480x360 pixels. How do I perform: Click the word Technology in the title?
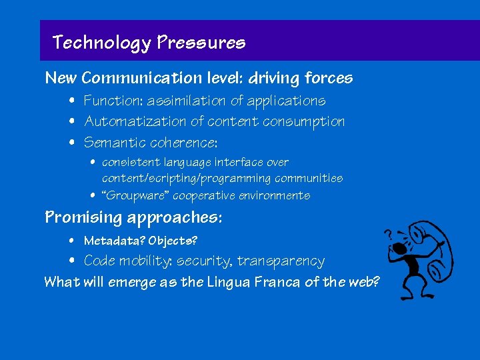(x=102, y=43)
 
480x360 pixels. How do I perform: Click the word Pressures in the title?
(x=201, y=43)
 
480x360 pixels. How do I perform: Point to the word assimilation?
(x=185, y=101)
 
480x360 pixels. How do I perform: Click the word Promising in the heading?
(x=83, y=218)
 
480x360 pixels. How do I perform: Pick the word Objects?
(x=173, y=241)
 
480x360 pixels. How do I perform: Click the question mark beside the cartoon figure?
(x=387, y=235)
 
